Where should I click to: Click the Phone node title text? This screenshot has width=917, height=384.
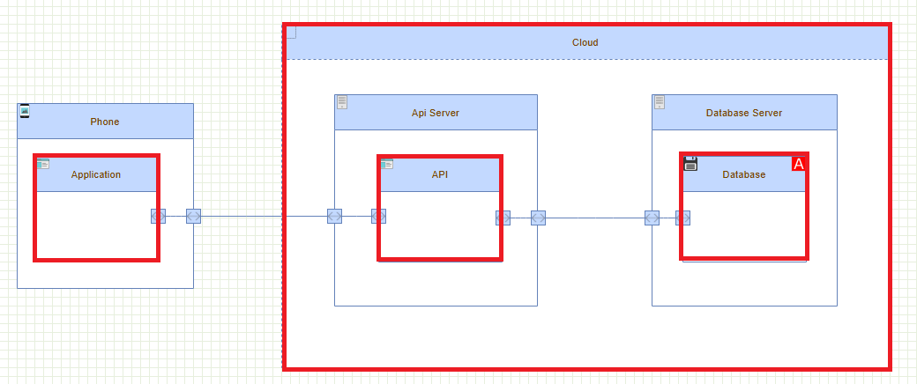pos(104,122)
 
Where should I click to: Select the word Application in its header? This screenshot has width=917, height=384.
pos(96,174)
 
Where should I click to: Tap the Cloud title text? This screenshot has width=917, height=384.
pos(585,42)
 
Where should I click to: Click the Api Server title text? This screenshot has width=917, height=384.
pos(436,113)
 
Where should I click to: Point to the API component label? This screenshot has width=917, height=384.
pos(440,174)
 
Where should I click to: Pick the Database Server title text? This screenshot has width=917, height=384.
pos(744,113)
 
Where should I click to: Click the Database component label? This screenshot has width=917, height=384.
pos(744,174)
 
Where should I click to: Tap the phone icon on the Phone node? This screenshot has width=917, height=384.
pos(25,111)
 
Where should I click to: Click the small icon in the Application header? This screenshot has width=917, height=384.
pos(43,164)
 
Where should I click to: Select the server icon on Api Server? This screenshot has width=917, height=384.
pos(342,102)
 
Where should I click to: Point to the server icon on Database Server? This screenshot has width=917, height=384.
pos(660,102)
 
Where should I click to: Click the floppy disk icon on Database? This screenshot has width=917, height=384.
pos(691,163)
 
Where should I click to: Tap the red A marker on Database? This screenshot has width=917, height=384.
pos(799,164)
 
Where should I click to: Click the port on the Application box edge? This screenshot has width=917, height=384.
pos(158,217)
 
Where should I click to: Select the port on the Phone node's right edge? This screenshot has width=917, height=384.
pos(194,217)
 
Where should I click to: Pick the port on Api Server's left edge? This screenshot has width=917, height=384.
pos(334,217)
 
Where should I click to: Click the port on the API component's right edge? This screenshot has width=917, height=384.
pos(503,218)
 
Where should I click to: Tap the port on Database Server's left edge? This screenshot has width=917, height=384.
pos(652,218)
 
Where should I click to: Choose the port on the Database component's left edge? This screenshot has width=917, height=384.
pos(682,218)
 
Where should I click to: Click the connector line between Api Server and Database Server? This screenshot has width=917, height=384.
pos(595,218)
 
